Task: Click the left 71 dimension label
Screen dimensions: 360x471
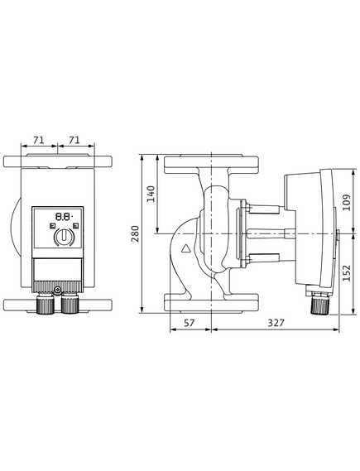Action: point(38,140)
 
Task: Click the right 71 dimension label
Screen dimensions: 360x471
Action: point(74,140)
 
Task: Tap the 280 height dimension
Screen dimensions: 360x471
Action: point(136,233)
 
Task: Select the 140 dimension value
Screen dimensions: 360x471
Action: point(151,194)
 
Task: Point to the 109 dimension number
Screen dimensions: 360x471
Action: point(347,203)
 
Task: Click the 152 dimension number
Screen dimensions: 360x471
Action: point(347,272)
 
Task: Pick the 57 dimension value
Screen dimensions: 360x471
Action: point(190,323)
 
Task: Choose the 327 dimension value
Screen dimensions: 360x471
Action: point(276,323)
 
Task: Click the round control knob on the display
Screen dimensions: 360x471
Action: point(64,237)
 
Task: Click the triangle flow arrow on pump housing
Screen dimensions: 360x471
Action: point(186,248)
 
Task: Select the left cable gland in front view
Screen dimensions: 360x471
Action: point(46,304)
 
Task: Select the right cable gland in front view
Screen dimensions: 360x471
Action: point(70,304)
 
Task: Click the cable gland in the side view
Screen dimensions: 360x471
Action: point(319,303)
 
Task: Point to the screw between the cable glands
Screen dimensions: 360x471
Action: point(58,291)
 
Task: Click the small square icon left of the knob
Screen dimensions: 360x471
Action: point(51,225)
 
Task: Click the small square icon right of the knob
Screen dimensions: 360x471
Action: point(76,225)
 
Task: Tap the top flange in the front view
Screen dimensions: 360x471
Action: point(58,161)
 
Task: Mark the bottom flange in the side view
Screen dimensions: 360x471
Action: point(211,303)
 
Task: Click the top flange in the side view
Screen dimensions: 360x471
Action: point(211,164)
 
